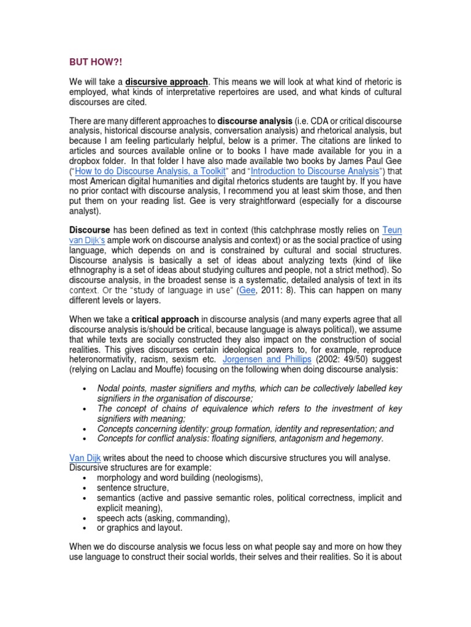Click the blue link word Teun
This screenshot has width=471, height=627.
click(392, 230)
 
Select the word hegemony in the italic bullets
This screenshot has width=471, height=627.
click(361, 438)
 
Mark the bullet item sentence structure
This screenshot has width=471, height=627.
click(132, 488)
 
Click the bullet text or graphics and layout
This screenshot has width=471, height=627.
click(139, 528)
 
